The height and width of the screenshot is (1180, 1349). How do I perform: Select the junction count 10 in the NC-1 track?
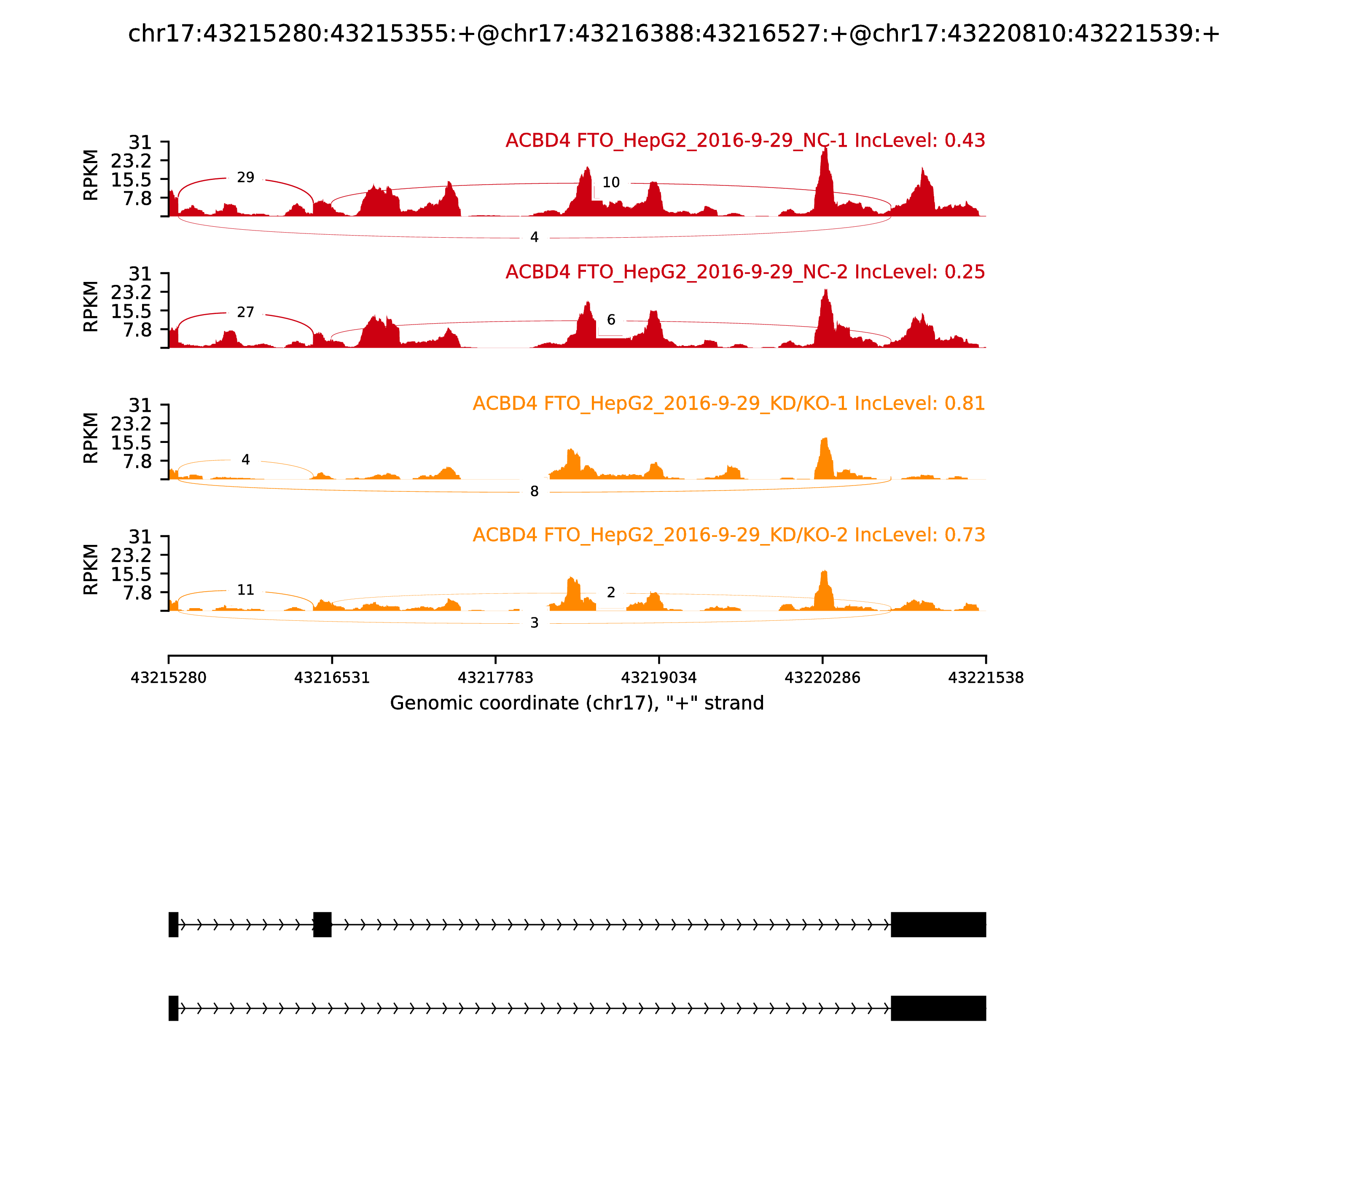[x=610, y=182]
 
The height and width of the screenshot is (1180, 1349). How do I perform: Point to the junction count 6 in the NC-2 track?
[x=610, y=320]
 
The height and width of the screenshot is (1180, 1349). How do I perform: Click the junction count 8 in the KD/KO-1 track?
[x=534, y=491]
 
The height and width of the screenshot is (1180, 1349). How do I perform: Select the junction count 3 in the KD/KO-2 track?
[x=534, y=623]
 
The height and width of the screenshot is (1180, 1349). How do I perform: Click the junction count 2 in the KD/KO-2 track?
[x=610, y=593]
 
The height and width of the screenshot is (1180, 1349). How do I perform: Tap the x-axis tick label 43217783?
[x=495, y=678]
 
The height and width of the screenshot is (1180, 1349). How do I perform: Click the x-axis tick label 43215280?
[x=169, y=678]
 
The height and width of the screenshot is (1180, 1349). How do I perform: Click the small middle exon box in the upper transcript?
[x=322, y=925]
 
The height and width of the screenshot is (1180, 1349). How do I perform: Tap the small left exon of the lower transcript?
[x=173, y=1008]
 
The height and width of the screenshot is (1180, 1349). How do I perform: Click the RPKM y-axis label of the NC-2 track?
[x=91, y=306]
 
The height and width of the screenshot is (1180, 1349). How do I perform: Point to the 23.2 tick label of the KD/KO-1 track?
[x=131, y=424]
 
